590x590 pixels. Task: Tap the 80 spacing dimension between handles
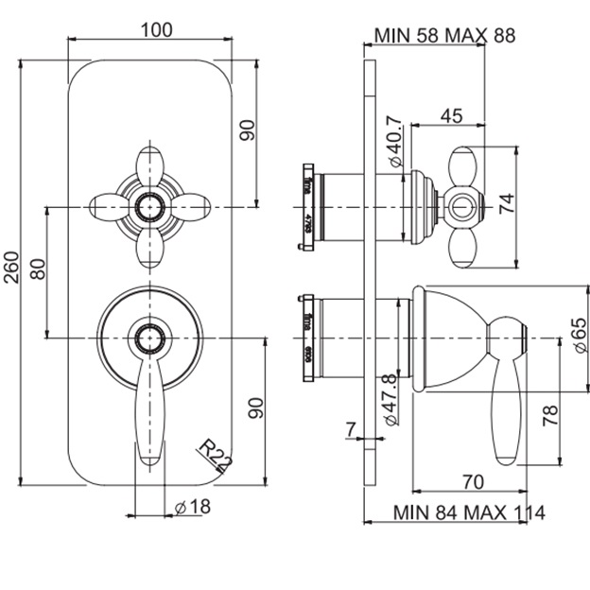click(x=39, y=269)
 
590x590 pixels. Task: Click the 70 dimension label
click(x=475, y=480)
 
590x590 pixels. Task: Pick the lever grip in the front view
click(x=150, y=416)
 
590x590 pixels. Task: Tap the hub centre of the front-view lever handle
click(x=148, y=337)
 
